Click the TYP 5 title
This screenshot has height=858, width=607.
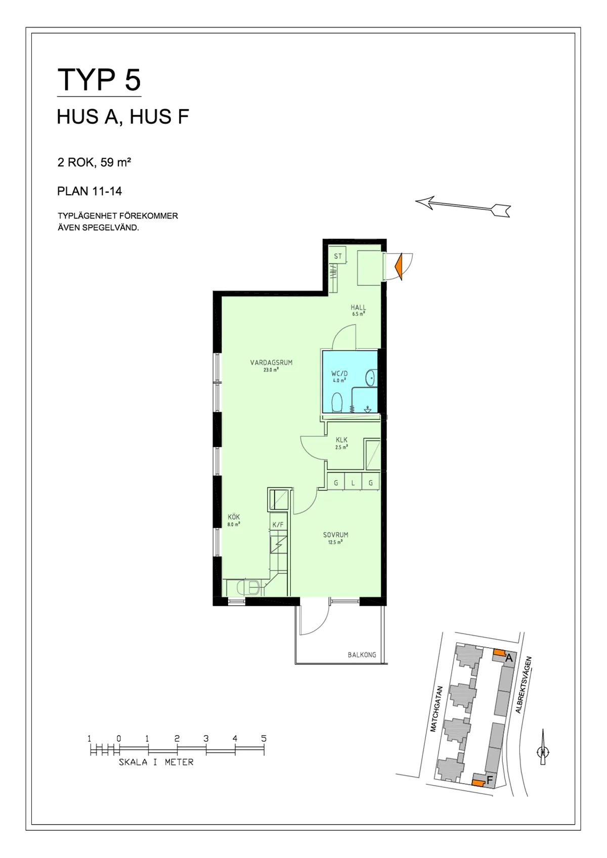[99, 80]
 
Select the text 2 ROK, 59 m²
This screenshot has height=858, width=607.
[94, 162]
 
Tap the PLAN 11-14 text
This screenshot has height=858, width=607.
[90, 191]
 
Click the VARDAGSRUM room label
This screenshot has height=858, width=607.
[271, 363]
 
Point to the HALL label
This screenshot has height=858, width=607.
[358, 307]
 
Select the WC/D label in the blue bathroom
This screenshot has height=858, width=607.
[339, 374]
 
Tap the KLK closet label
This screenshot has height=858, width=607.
[341, 440]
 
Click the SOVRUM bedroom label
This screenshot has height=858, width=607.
[336, 535]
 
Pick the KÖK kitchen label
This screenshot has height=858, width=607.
[234, 517]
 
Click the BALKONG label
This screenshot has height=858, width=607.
[362, 655]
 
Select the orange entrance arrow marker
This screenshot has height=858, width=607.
[399, 266]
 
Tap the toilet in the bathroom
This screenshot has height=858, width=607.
[337, 402]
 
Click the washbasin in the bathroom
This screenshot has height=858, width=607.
[371, 378]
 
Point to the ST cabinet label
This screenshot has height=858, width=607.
[337, 256]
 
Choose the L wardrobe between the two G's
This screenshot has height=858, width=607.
[353, 483]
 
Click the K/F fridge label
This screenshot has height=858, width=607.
[278, 524]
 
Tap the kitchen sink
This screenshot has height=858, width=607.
[248, 587]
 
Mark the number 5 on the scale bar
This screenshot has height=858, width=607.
[264, 739]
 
